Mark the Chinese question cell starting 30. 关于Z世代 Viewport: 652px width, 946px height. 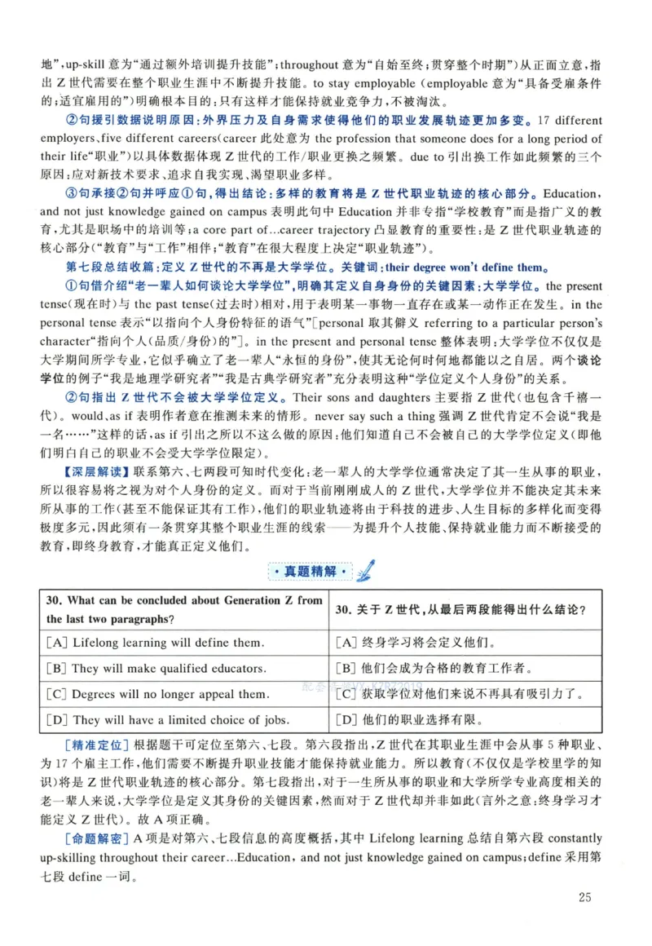[462, 609]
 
